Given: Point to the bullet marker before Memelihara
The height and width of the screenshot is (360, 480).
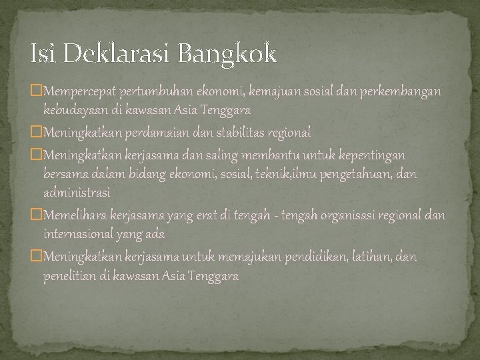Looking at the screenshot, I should point(37,215).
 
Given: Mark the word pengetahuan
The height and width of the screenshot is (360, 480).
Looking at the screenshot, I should point(358,173).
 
